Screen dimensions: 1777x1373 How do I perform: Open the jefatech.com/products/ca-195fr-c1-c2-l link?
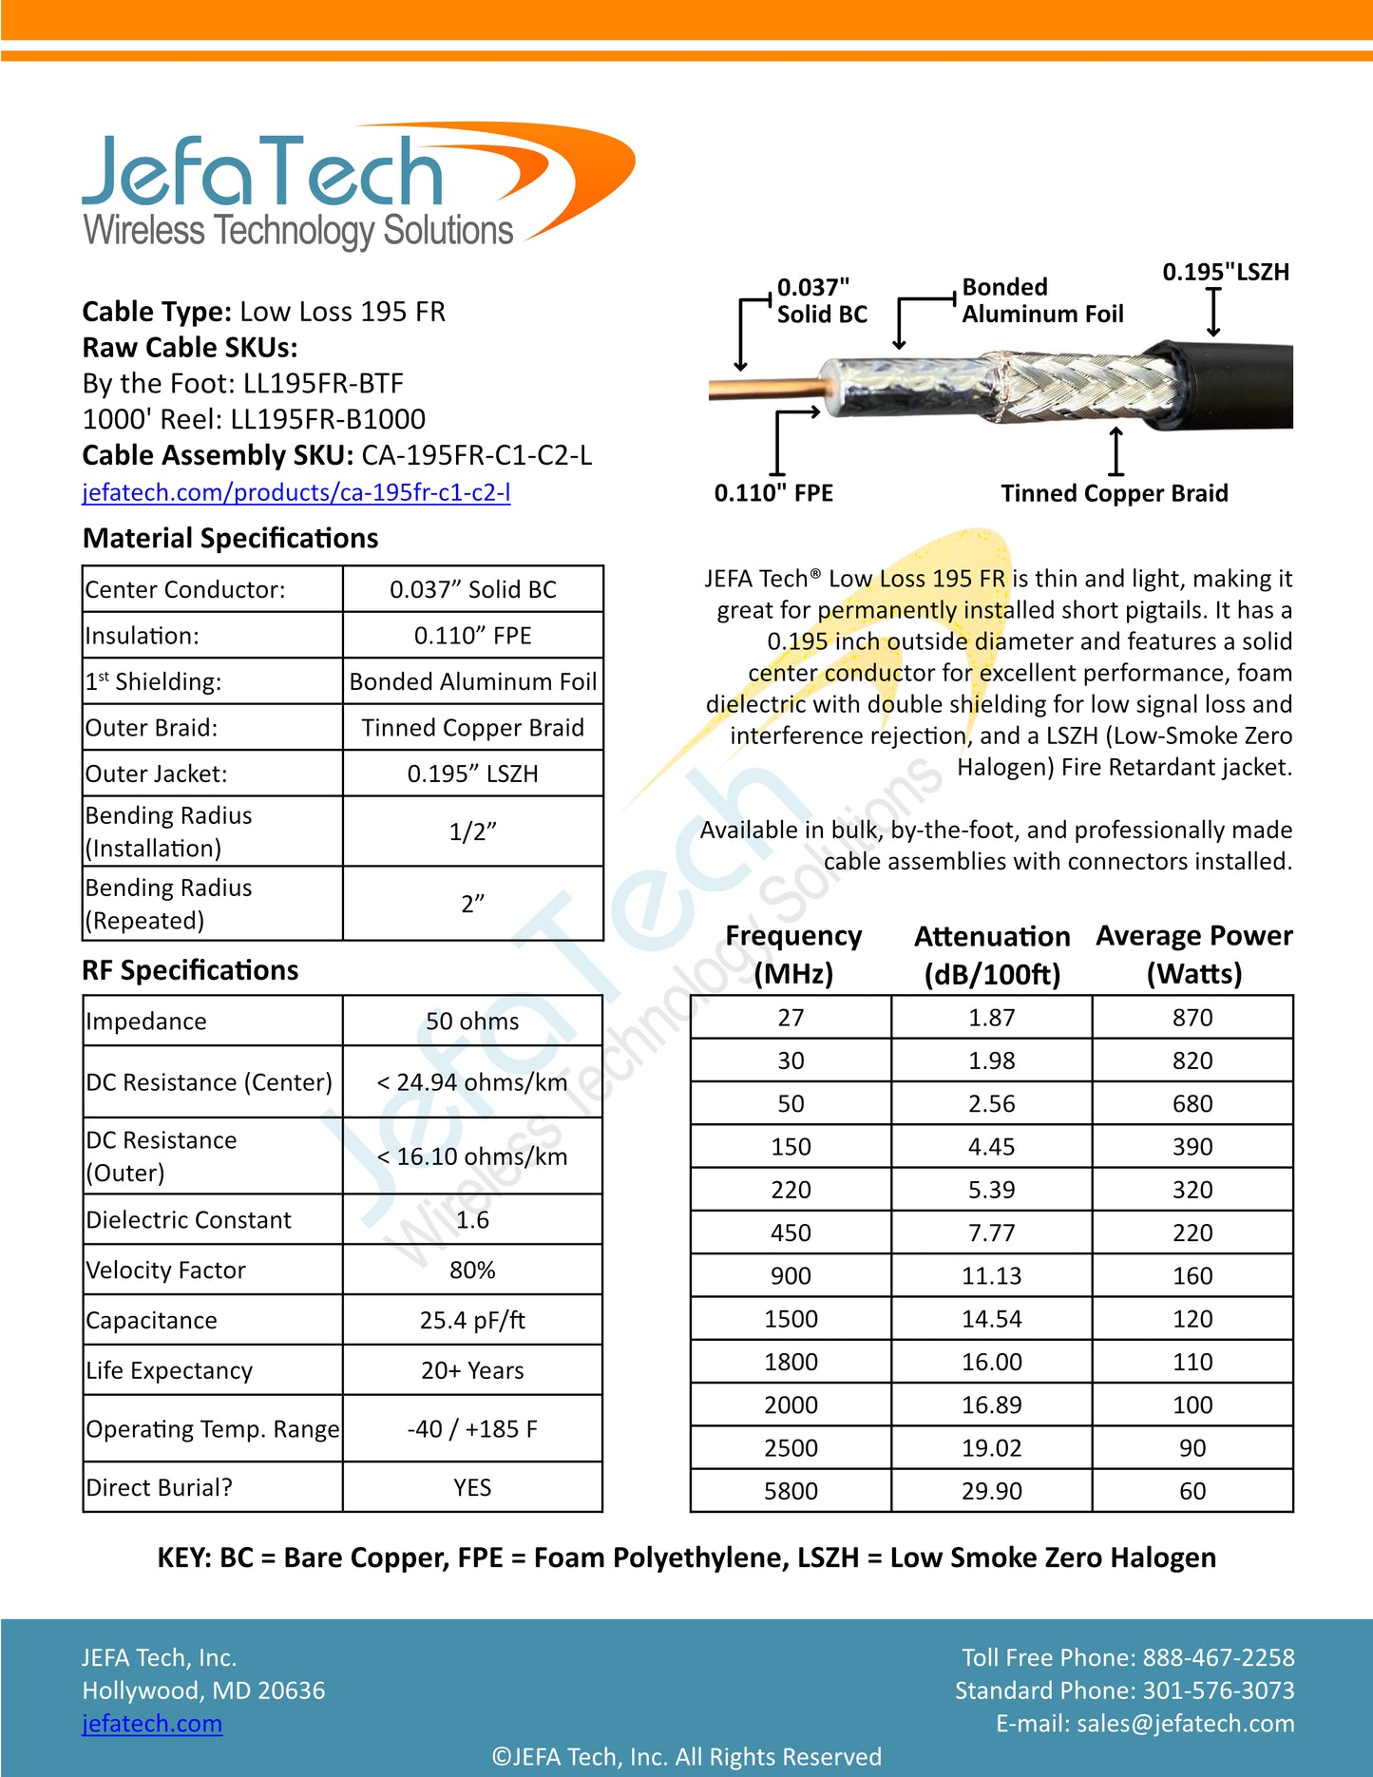coord(296,492)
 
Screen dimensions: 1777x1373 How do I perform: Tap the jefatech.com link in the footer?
coord(152,1723)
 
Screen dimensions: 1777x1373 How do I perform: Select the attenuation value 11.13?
coord(991,1275)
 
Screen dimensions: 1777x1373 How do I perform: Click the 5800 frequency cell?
coord(791,1491)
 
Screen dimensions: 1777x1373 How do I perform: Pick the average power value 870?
coord(1192,1018)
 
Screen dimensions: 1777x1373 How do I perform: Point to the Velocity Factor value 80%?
coord(472,1270)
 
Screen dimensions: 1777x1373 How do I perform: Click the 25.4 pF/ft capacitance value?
coord(472,1320)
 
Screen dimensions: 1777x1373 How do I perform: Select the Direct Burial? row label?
coord(159,1487)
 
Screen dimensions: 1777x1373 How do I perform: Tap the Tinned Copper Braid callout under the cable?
coord(1114,493)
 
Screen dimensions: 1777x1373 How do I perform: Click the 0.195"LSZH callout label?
coord(1226,273)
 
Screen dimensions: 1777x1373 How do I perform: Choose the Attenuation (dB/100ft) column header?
coord(991,955)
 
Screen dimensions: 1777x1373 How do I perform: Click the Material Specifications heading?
coord(230,538)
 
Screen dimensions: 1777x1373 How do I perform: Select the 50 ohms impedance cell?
coord(472,1022)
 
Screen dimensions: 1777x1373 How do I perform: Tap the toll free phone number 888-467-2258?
coord(1218,1657)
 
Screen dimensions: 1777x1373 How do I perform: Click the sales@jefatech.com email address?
coord(1185,1723)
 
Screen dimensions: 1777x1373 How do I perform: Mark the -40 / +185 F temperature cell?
coord(472,1429)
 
